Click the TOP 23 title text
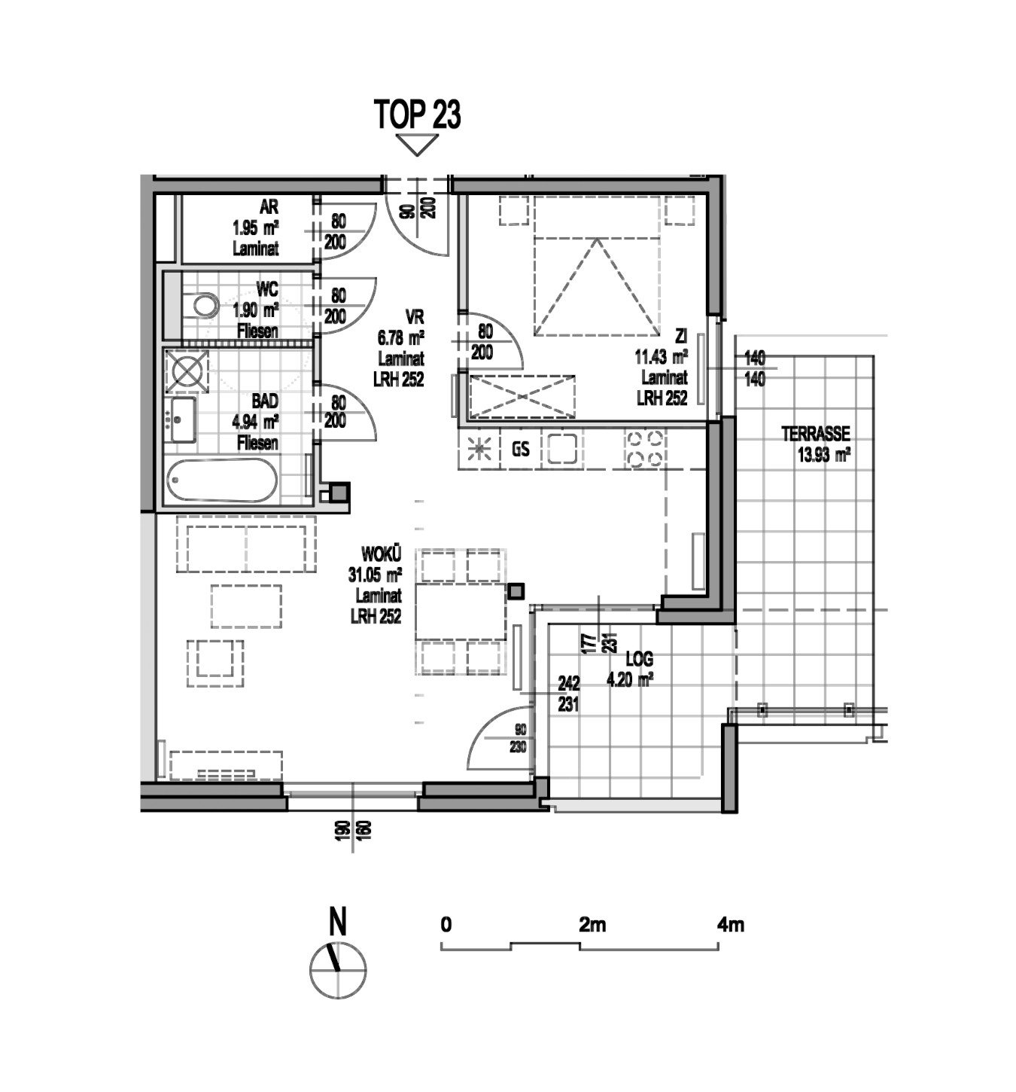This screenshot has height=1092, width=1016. (x=417, y=114)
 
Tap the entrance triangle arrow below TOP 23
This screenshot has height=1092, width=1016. (x=417, y=145)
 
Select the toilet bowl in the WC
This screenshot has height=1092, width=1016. (x=205, y=305)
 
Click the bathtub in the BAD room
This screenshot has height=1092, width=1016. (x=221, y=480)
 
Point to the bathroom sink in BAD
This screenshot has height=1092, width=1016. (x=182, y=419)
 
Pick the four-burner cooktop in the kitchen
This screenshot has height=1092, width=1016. (x=644, y=449)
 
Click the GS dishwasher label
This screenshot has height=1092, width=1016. (x=520, y=450)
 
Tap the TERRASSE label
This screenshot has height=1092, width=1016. (x=816, y=434)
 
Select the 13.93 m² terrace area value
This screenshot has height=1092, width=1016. (x=823, y=456)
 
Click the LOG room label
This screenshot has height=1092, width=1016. (x=639, y=659)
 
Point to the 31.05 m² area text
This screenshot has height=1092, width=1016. (x=375, y=575)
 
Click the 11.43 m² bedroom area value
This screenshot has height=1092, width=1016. (x=661, y=357)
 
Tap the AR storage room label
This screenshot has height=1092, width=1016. (x=269, y=207)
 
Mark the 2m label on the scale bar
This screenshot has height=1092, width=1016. (x=592, y=924)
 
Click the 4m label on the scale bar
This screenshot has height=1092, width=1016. (x=730, y=924)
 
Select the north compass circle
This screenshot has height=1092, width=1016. (x=337, y=971)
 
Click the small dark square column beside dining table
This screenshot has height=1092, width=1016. (x=516, y=591)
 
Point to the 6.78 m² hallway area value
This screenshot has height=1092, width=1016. (x=400, y=337)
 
